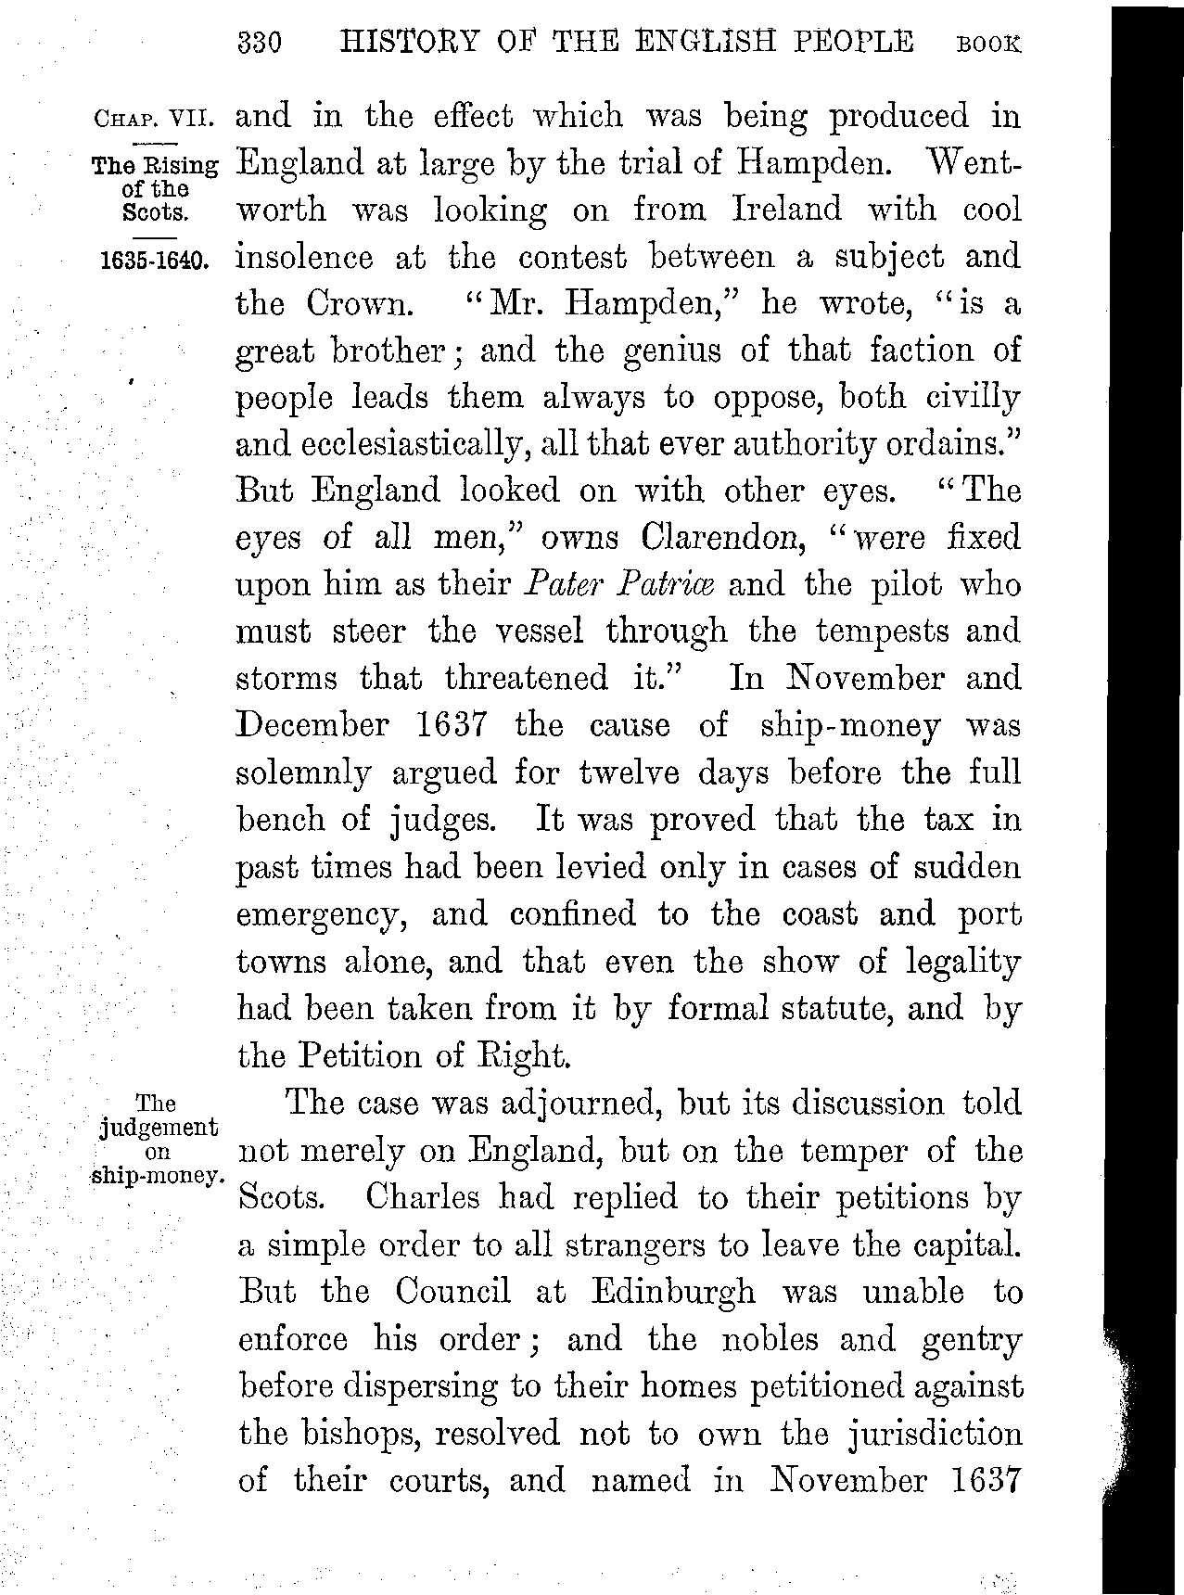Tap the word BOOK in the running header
[x=988, y=45]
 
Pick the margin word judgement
[x=158, y=1127]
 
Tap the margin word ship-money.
[x=158, y=1175]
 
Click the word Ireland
[x=787, y=210]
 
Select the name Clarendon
[x=712, y=538]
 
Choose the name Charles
[x=423, y=1197]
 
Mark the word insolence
[x=305, y=257]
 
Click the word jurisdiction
[x=936, y=1434]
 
